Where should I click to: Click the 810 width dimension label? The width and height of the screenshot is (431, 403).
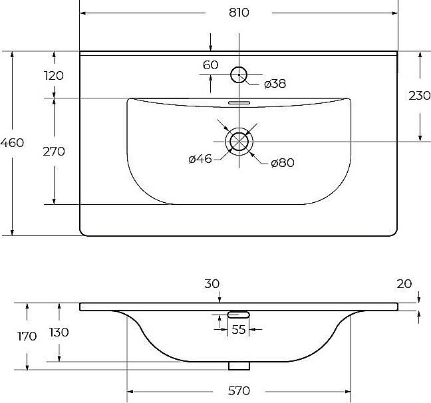[239, 13]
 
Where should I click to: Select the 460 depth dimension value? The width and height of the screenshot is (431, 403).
[12, 143]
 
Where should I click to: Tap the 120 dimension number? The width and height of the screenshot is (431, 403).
[54, 76]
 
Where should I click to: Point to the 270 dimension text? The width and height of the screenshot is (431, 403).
[54, 152]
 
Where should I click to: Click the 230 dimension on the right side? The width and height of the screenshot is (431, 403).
[420, 96]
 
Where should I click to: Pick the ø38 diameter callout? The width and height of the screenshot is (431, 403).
[275, 84]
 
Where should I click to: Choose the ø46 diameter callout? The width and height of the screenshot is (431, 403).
[200, 159]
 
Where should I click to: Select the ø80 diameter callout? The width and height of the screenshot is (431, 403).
[283, 163]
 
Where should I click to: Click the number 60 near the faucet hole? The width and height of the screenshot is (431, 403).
[211, 65]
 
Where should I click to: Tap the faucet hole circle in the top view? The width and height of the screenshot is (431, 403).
[239, 67]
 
